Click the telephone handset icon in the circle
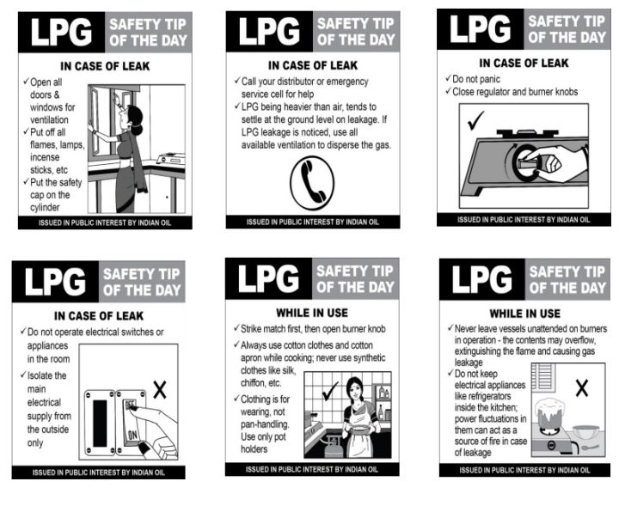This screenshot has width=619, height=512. click(313, 183)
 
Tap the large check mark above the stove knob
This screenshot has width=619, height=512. click(475, 120)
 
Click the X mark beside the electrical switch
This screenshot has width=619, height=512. click(160, 390)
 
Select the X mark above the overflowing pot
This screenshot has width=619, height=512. click(582, 387)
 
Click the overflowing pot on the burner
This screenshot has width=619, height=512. click(549, 413)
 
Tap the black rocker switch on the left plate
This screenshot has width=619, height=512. click(100, 424)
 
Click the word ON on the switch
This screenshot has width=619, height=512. click(132, 435)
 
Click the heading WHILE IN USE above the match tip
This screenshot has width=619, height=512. click(312, 313)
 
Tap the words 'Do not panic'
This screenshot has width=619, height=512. click(476, 79)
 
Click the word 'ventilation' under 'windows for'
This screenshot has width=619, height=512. click(49, 119)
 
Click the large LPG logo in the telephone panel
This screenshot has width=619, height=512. click(269, 31)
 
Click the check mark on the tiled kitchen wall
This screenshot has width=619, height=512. click(330, 391)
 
